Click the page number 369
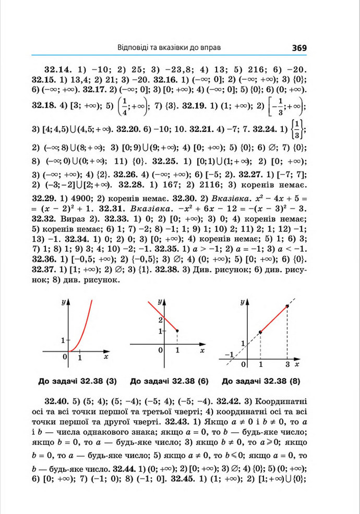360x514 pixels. [299, 47]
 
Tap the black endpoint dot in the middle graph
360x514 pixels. [178, 331]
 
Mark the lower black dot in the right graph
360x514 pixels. [260, 332]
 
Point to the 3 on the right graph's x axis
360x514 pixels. [287, 363]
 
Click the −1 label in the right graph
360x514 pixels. [227, 355]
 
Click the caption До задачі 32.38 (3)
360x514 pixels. [77, 381]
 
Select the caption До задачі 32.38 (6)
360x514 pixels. [169, 381]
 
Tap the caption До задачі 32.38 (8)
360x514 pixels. [261, 381]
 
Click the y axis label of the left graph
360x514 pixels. [63, 302]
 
